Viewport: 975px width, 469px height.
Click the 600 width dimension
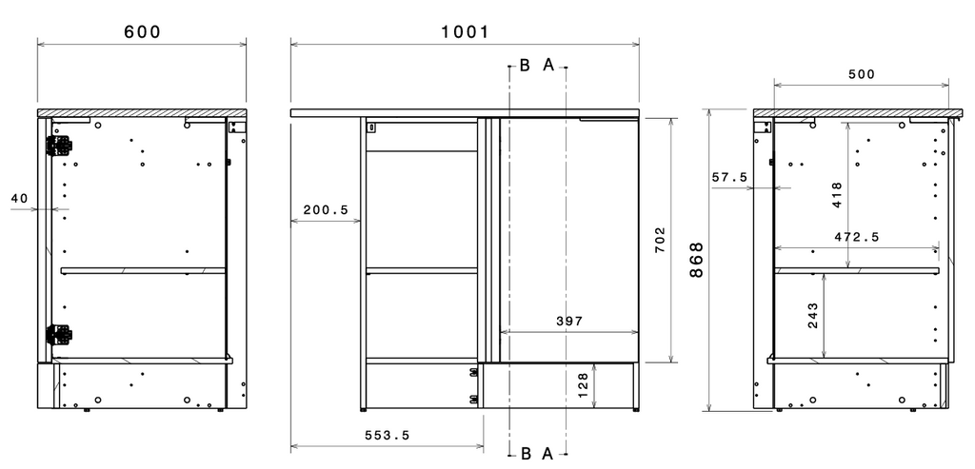point(143,31)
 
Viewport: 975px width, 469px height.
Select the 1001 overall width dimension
point(465,31)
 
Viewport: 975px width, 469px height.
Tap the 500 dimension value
point(861,74)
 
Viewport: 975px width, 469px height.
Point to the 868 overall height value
point(697,259)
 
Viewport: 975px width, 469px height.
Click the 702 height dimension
point(660,239)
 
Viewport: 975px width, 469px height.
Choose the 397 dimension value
point(569,322)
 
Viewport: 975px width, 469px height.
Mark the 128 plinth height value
point(584,385)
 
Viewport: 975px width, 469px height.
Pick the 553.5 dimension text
point(387,436)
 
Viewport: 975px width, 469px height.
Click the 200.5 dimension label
point(326,210)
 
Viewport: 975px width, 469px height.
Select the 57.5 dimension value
point(729,177)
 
